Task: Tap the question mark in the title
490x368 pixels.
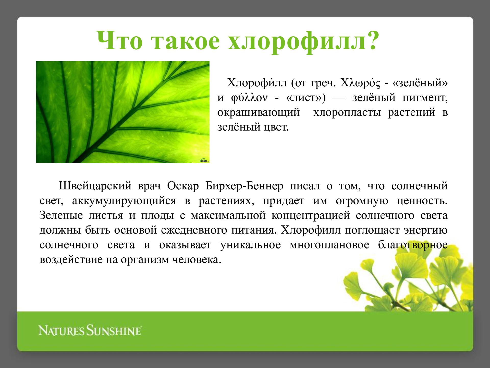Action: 370,40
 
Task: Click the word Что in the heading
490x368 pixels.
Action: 119,40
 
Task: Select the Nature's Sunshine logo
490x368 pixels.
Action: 90,330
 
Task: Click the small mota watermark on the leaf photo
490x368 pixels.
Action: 204,161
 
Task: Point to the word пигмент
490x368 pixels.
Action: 425,98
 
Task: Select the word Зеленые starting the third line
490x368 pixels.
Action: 61,215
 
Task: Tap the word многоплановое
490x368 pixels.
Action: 329,245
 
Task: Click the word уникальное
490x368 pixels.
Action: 250,245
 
